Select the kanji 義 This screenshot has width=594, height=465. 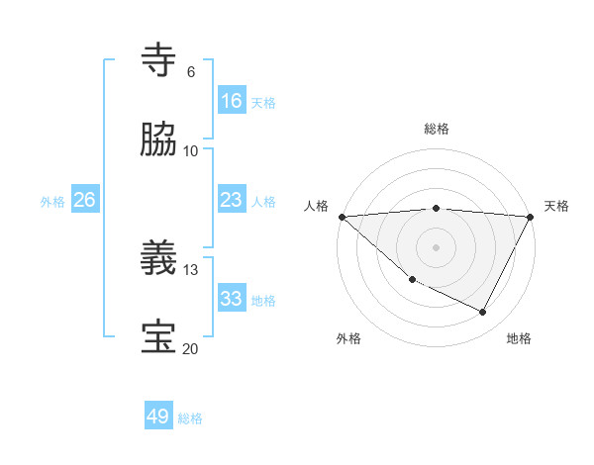click(160, 259)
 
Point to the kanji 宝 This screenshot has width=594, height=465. click(160, 336)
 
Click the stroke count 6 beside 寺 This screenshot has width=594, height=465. click(190, 72)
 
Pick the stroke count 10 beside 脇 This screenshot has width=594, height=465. click(191, 150)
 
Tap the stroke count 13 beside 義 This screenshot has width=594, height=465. click(191, 270)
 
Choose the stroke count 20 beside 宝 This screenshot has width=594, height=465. click(191, 348)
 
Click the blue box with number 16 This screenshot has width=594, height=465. click(232, 101)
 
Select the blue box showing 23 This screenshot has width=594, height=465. click(232, 200)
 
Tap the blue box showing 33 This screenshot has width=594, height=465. click(232, 299)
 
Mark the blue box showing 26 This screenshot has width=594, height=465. click(85, 200)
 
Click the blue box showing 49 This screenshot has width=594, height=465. click(158, 417)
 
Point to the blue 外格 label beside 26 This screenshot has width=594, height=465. click(52, 202)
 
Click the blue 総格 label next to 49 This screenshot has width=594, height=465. click(190, 418)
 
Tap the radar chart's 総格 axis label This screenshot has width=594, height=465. click(437, 129)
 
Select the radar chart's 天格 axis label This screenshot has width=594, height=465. click(556, 206)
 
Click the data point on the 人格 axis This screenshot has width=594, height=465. click(342, 216)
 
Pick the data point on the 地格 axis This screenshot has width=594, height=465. click(483, 313)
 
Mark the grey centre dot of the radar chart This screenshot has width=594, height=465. click(437, 246)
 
